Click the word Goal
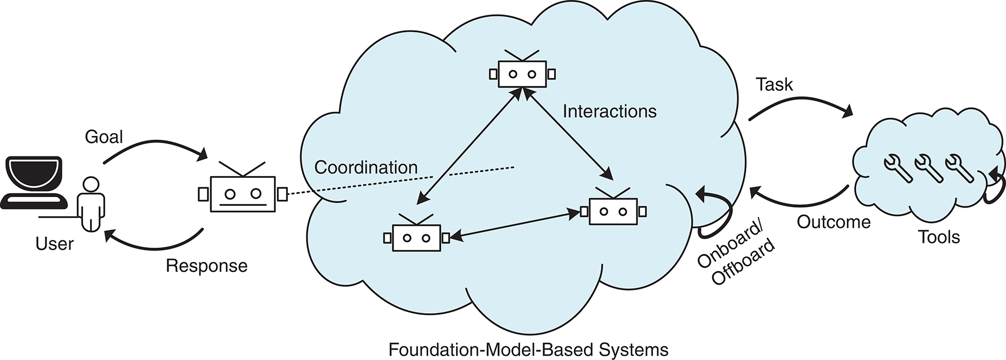pyautogui.click(x=103, y=137)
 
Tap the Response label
pyautogui.click(x=206, y=266)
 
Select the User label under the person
pyautogui.click(x=54, y=243)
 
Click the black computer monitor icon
pyautogui.click(x=34, y=182)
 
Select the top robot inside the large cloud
pyautogui.click(x=522, y=73)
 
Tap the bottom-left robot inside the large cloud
pyautogui.click(x=416, y=237)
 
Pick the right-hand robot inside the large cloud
pyautogui.click(x=613, y=211)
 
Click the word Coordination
pyautogui.click(x=366, y=167)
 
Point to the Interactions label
pyautogui.click(x=609, y=112)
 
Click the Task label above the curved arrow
pyautogui.click(x=774, y=85)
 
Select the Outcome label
pyautogui.click(x=834, y=222)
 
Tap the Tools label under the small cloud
pyautogui.click(x=939, y=237)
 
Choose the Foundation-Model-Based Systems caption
pyautogui.click(x=528, y=350)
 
